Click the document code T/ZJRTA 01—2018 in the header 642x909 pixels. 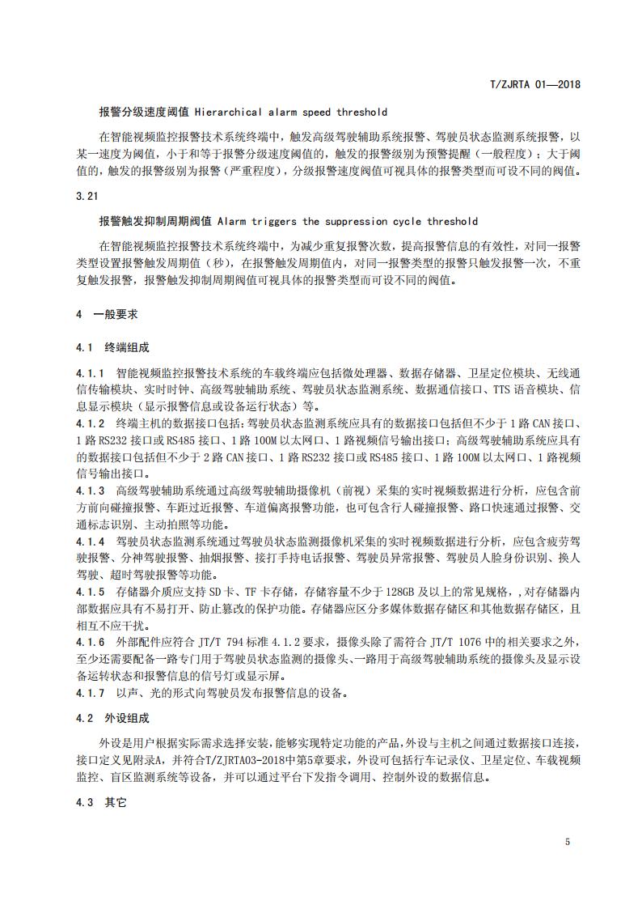pyautogui.click(x=536, y=83)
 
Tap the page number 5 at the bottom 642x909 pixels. pyautogui.click(x=568, y=842)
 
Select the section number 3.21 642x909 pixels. pyautogui.click(x=86, y=196)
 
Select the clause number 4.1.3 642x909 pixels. pyautogui.click(x=91, y=491)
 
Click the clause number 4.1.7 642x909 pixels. pyautogui.click(x=91, y=693)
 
